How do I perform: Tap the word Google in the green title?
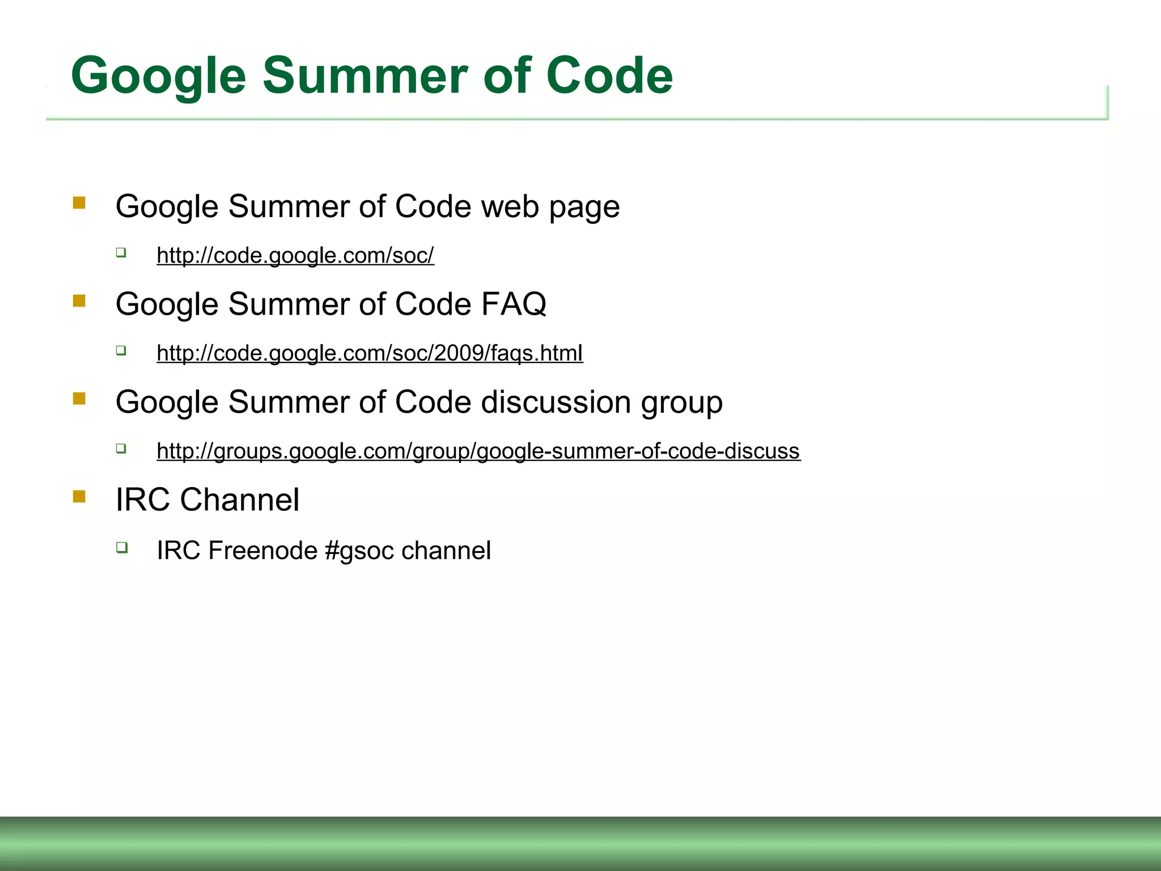point(159,77)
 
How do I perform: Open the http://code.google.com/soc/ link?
point(295,256)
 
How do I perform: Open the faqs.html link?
point(370,353)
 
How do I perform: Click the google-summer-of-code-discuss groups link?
point(478,451)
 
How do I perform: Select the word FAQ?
point(514,304)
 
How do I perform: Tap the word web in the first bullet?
point(510,206)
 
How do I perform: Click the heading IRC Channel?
point(207,500)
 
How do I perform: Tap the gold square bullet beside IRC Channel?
point(79,497)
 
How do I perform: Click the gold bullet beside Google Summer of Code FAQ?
point(79,301)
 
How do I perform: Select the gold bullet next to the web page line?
point(79,203)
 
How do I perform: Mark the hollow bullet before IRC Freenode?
point(122,547)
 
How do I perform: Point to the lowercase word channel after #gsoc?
point(446,551)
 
